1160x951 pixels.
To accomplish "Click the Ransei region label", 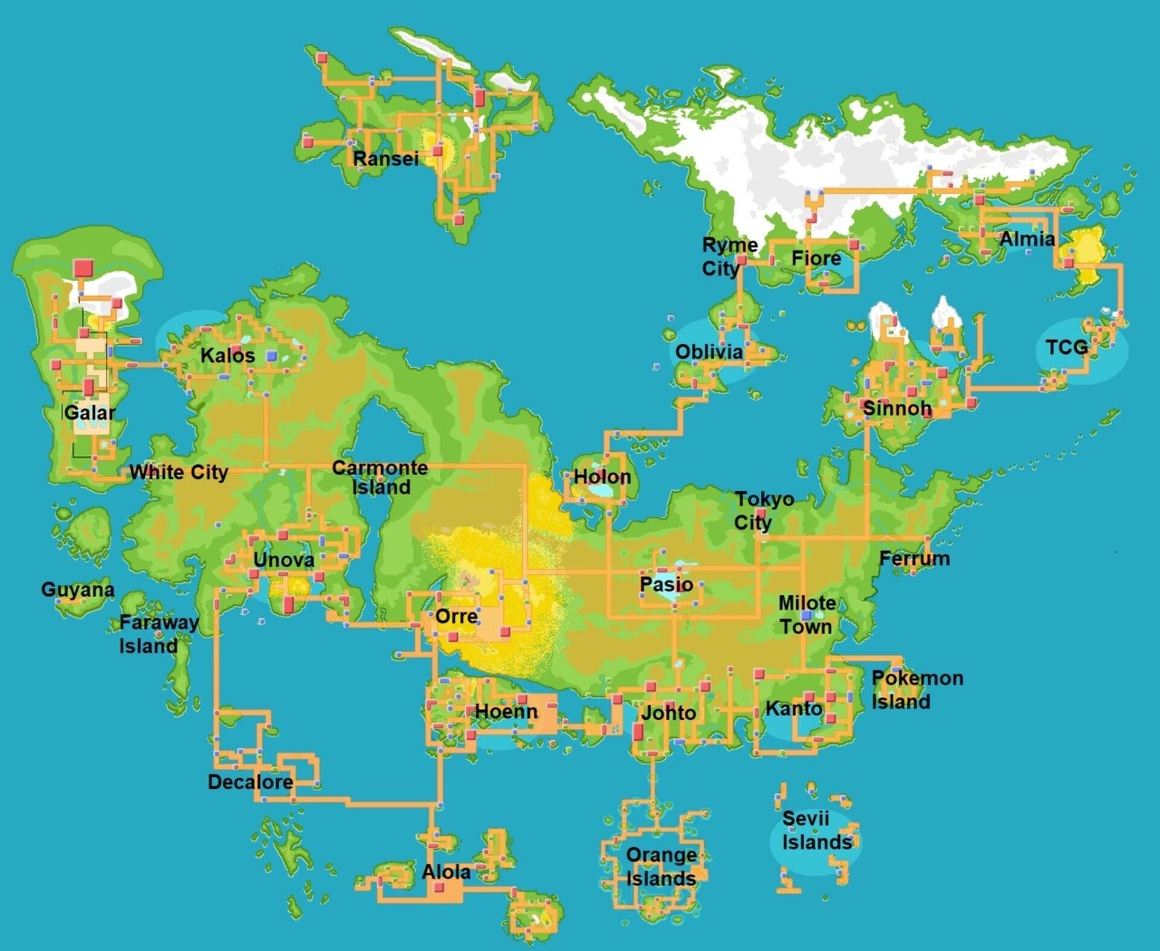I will click(x=385, y=159).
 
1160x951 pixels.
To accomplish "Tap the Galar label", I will click(x=89, y=413).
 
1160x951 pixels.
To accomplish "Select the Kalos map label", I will click(x=228, y=356).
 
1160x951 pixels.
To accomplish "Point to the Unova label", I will click(x=283, y=560).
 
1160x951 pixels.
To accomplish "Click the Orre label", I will click(x=457, y=616).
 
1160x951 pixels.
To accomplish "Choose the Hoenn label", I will click(x=506, y=711).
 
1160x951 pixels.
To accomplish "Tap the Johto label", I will click(x=668, y=713).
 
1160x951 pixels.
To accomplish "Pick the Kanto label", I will click(x=794, y=708).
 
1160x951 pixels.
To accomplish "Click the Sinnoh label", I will click(x=897, y=408).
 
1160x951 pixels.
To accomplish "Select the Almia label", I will click(x=1027, y=239).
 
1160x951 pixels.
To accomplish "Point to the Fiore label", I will click(x=816, y=258).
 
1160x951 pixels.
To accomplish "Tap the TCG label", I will click(x=1066, y=347).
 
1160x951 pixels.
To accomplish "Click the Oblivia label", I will click(x=709, y=352).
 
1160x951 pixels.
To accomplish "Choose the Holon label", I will click(x=602, y=477).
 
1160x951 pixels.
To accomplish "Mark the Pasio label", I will click(x=666, y=584).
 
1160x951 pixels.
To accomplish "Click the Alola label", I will click(x=446, y=872).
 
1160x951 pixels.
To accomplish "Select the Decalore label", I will click(x=250, y=783).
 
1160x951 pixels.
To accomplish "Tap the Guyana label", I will click(x=77, y=589).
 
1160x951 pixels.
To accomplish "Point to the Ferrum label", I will click(x=914, y=559).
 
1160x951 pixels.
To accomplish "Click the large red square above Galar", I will click(x=83, y=268).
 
